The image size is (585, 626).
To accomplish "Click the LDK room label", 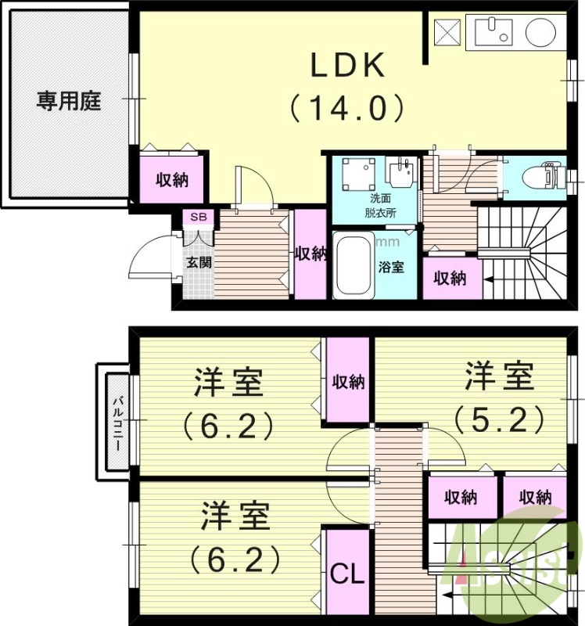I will (x=348, y=67).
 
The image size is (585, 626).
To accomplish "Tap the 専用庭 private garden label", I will (x=69, y=102).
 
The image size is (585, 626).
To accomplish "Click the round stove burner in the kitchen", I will (x=540, y=33).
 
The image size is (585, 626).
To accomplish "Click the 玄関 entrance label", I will (x=199, y=262).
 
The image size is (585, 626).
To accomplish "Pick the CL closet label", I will (x=346, y=574).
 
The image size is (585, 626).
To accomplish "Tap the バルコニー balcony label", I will (x=114, y=422).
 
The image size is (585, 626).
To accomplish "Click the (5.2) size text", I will (x=499, y=420).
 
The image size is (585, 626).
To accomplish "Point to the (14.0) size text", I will (x=348, y=107).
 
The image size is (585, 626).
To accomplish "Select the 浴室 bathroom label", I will (x=392, y=267).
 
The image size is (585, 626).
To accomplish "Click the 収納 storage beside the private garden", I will (x=172, y=179).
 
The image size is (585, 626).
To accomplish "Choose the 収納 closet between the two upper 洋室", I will (x=347, y=381).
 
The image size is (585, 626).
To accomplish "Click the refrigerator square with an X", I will (x=447, y=33).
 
